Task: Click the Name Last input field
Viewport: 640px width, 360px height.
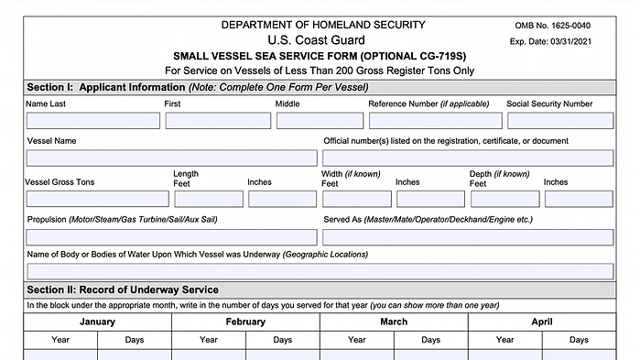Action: coord(92,120)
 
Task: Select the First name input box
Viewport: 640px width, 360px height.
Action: coord(218,120)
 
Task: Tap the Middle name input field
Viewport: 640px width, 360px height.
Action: coord(320,120)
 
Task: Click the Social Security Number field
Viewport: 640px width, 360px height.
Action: coord(559,120)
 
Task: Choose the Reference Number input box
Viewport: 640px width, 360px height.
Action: coord(435,120)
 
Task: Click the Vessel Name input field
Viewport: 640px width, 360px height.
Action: coord(171,158)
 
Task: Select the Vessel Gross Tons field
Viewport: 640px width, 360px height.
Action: coord(97,198)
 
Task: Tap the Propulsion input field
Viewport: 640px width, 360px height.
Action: coord(171,236)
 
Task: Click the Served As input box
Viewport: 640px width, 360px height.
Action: coord(468,236)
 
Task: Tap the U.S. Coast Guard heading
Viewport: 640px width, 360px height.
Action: coord(316,40)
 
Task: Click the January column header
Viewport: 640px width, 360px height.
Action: coord(97,322)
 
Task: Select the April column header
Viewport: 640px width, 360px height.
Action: coord(542,322)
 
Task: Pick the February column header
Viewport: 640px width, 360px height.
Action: coord(245,322)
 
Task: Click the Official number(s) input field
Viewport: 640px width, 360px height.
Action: coord(468,158)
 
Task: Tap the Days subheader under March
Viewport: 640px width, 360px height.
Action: coord(430,340)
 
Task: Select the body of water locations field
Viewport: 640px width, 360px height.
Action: coord(320,270)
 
